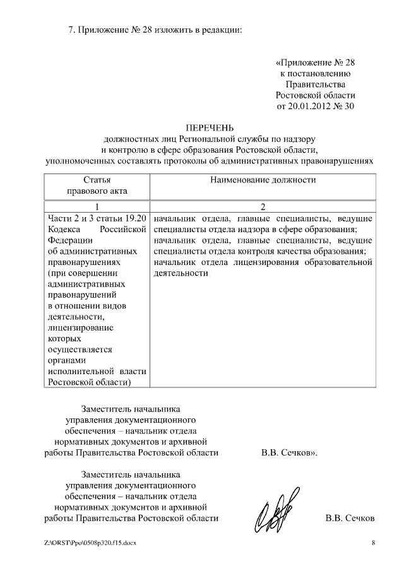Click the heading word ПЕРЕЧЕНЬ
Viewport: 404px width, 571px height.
pos(209,127)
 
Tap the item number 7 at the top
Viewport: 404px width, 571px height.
pos(70,30)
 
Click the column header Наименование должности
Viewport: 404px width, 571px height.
pos(262,180)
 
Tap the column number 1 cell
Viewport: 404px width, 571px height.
pos(97,207)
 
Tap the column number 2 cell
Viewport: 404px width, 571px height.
pos(262,207)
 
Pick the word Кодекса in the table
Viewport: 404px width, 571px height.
pos(63,229)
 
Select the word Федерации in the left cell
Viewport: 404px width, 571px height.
pos(69,240)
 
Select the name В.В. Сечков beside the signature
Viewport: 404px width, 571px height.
pos(350,518)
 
